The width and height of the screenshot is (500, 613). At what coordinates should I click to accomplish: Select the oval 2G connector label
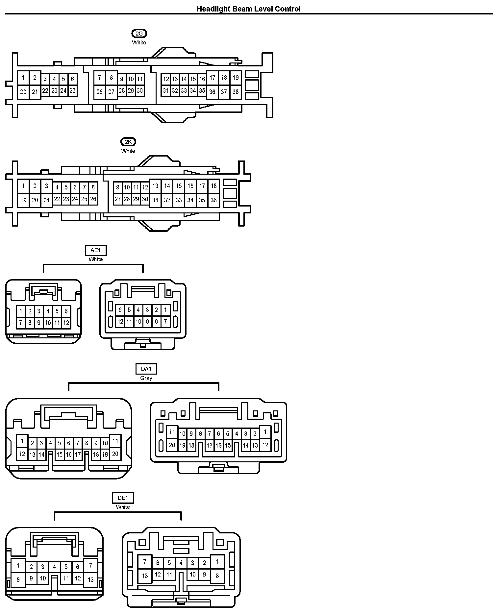point(139,34)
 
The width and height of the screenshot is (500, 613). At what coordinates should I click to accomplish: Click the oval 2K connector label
point(128,142)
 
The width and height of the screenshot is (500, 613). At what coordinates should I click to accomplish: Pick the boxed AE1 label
point(96,250)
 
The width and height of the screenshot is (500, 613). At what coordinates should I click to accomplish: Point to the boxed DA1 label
point(146,369)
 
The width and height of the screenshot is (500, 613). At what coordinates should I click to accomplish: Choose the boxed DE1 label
point(123,498)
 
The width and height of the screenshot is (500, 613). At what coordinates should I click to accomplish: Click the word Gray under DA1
point(146,378)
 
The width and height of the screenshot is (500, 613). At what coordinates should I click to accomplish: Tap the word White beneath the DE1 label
point(123,507)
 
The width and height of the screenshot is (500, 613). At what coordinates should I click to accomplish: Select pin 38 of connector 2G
point(236,92)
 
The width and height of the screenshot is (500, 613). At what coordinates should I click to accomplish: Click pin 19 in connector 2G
point(236,78)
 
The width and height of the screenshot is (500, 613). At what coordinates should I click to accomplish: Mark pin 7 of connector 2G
point(100,78)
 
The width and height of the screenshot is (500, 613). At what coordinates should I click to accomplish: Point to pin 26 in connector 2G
point(100,92)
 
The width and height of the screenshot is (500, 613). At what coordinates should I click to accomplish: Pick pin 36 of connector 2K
point(213,200)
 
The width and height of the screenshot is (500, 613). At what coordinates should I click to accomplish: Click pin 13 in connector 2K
point(155,186)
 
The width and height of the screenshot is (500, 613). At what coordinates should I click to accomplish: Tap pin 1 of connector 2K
point(23,186)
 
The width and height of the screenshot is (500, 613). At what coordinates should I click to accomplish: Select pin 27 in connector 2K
point(118,199)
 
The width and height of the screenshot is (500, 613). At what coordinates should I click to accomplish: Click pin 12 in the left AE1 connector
point(66,323)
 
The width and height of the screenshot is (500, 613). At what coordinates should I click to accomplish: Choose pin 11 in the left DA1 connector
point(115,441)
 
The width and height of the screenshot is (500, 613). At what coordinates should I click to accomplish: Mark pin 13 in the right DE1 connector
point(145,576)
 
